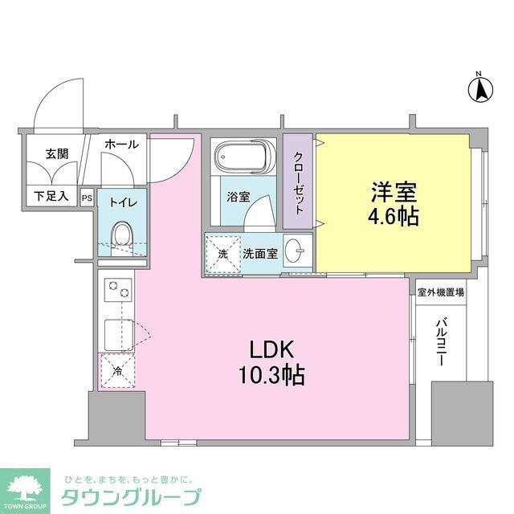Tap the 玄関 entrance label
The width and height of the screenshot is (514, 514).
point(56,153)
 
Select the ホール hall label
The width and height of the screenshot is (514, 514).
point(122,145)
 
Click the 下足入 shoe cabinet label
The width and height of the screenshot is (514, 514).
point(51,195)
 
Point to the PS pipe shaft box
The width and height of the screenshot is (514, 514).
point(87,196)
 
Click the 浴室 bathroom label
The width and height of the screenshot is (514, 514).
point(238,195)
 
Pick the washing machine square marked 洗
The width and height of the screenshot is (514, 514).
point(223,255)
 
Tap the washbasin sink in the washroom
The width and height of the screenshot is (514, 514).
point(296,253)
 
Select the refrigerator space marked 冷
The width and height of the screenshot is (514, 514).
point(117,372)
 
